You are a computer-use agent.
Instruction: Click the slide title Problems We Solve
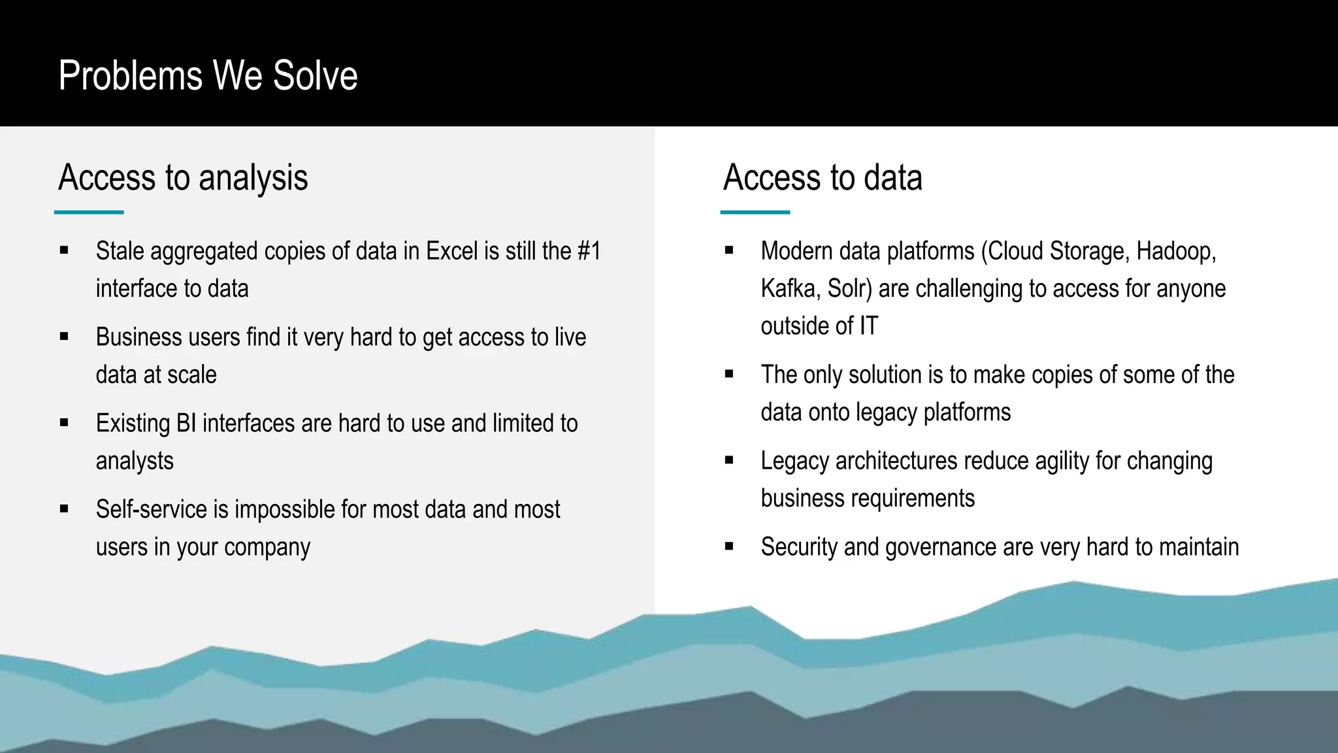[x=208, y=75]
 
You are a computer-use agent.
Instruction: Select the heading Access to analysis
[x=183, y=177]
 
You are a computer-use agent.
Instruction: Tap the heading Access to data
[x=823, y=177]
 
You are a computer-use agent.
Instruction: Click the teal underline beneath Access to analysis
[x=89, y=212]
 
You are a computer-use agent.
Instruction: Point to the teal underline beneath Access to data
[x=755, y=212]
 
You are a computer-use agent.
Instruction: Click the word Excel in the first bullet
[x=452, y=251]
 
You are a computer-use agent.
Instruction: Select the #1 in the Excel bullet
[x=589, y=251]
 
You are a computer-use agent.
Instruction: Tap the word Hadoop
[x=1175, y=251]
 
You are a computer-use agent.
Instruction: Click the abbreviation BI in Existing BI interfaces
[x=186, y=423]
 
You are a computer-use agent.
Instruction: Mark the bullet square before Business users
[x=64, y=337]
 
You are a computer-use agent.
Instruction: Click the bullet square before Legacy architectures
[x=729, y=461]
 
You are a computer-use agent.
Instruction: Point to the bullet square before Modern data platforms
[x=729, y=250]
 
